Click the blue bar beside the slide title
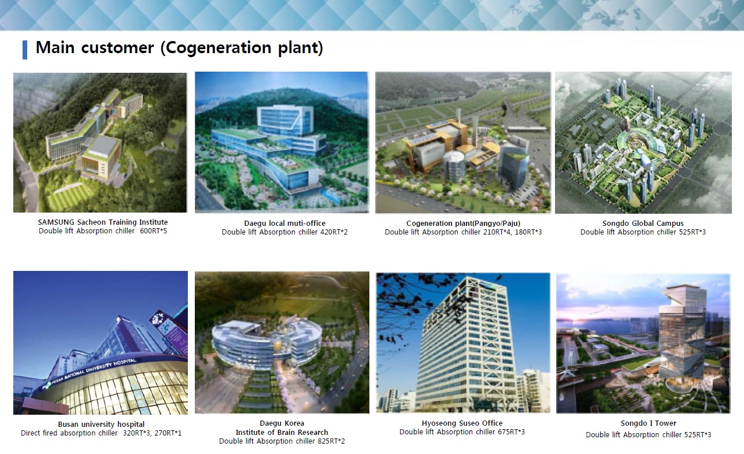point(25,50)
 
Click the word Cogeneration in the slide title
point(219,48)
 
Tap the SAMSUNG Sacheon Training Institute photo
point(101,142)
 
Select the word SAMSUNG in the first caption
point(56,222)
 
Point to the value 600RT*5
point(153,231)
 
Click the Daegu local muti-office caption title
point(284,224)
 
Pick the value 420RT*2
point(334,232)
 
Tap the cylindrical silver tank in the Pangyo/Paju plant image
point(454,165)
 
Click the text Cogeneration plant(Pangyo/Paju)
point(464,224)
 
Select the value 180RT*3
point(528,232)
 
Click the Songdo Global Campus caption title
point(643,224)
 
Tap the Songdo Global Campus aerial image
point(643,143)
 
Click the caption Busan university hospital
point(101,424)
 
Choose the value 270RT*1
point(168,433)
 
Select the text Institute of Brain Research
point(282,433)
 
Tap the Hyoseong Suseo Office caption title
point(462,423)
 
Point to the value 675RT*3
point(511,432)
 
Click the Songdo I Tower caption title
point(649,423)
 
